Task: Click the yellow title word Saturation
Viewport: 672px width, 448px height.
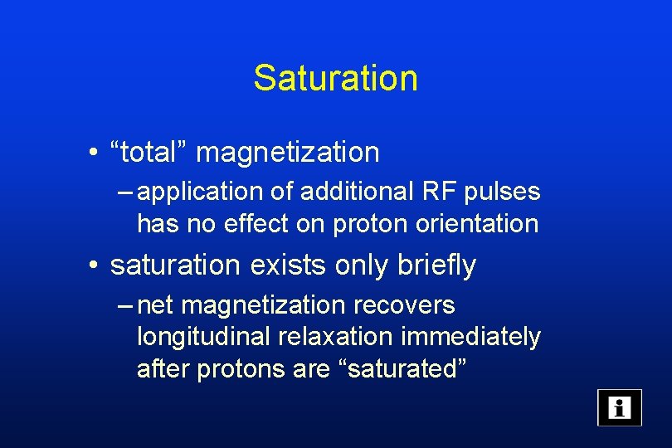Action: (335, 78)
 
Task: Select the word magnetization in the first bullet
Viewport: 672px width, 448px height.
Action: (287, 153)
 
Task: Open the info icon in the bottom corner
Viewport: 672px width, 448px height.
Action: (619, 407)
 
